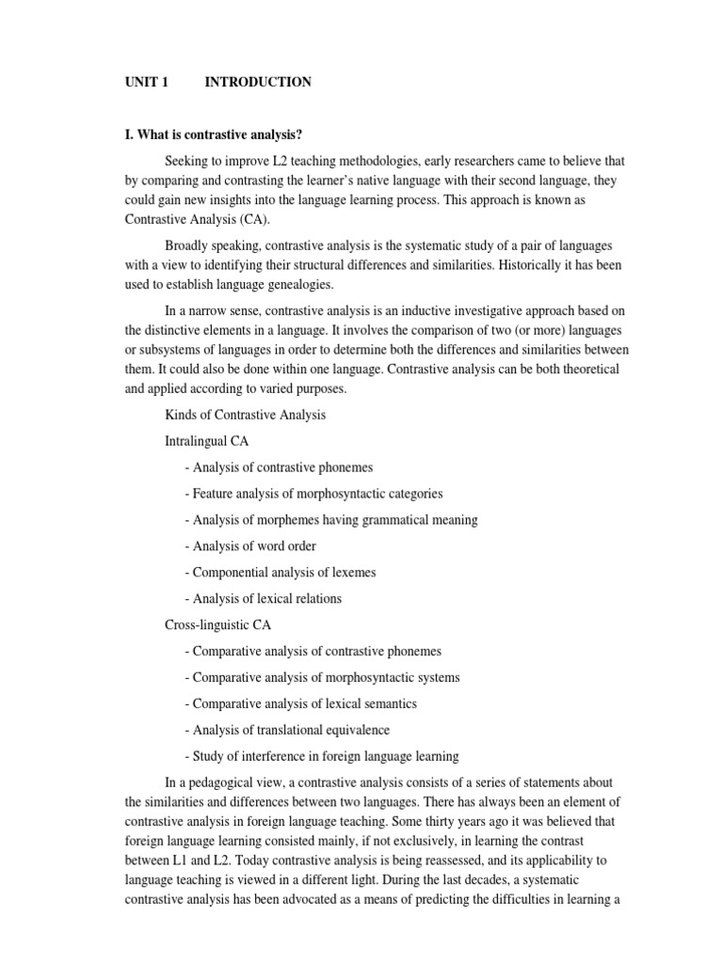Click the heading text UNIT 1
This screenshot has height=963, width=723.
pos(146,83)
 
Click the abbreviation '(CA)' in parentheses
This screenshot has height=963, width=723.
pos(255,219)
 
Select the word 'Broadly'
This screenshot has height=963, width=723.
pos(188,245)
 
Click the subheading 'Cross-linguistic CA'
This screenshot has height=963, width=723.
pos(217,624)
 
